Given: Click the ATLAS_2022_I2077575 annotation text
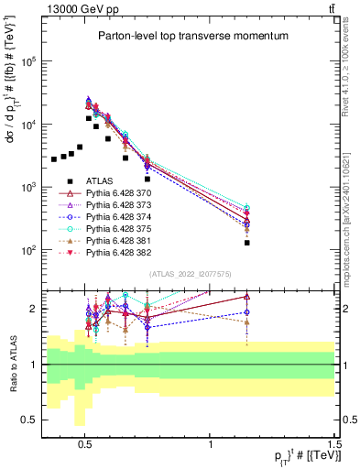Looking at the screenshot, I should (x=190, y=274).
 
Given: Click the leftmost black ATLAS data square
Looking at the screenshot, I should (x=54, y=159).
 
